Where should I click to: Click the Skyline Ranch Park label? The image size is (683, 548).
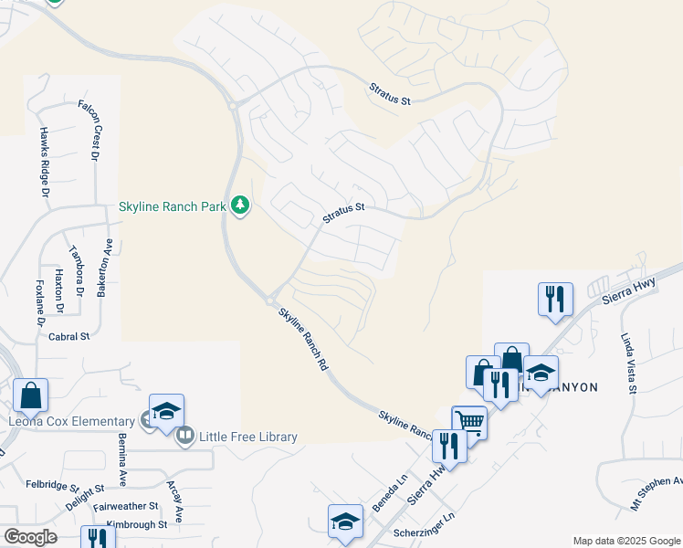click(172, 207)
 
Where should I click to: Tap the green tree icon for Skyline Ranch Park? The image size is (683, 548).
click(240, 205)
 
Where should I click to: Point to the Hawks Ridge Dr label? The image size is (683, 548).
click(44, 162)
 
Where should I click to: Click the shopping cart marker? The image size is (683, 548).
click(469, 421)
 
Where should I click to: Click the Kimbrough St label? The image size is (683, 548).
click(136, 525)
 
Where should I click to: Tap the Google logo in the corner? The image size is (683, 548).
click(30, 537)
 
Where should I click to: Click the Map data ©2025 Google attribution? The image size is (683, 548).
click(626, 541)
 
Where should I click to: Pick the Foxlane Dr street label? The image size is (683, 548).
click(40, 303)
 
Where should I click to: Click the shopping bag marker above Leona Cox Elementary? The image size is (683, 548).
click(31, 395)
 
